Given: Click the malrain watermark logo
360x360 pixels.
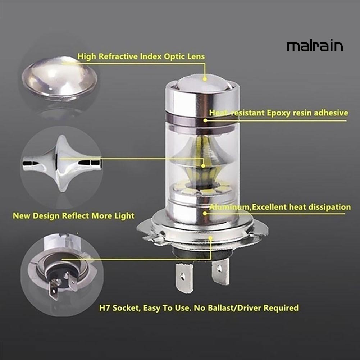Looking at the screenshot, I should pos(315,46).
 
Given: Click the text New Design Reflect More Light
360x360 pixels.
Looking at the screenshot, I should pos(73,216).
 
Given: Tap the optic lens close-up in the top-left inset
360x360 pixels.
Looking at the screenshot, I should pos(59,77).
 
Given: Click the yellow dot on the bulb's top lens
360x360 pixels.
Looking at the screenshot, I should pos(205,78).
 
